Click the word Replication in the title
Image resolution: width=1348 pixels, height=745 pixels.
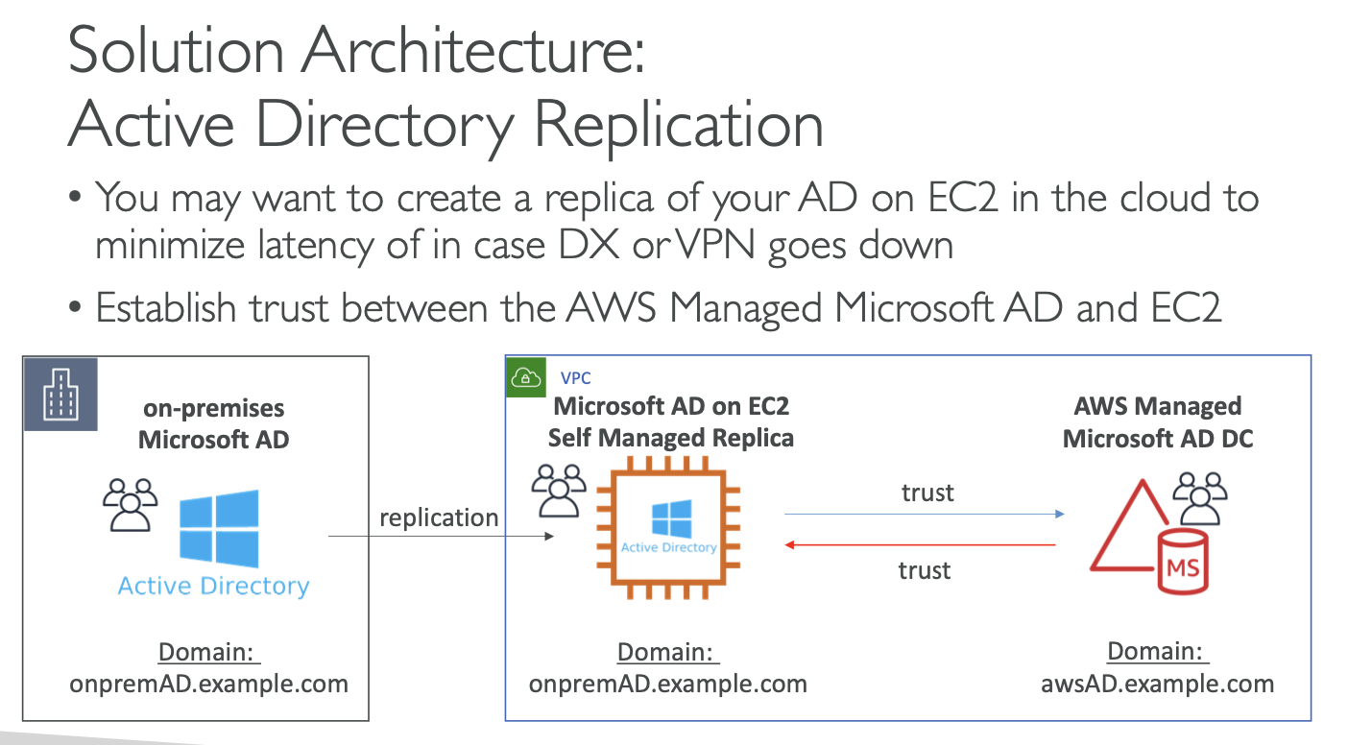pos(678,124)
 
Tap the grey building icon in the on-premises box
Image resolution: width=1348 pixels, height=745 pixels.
pos(60,394)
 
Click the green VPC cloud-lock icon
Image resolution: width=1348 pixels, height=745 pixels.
pos(524,377)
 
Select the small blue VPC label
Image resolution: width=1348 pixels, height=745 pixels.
pos(576,378)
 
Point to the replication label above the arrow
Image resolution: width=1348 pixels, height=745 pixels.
pos(439,518)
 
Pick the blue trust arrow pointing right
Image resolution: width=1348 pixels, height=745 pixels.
pos(925,515)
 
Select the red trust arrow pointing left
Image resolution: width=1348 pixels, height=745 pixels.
pos(921,545)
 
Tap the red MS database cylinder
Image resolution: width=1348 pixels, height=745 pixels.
pos(1182,564)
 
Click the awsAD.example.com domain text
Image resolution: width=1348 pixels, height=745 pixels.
pos(1157,685)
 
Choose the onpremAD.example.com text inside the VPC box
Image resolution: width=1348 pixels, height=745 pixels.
pos(668,685)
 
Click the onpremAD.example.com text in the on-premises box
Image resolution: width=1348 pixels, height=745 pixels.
pos(209,685)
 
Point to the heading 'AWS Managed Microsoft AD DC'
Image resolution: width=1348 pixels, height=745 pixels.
pos(1158,422)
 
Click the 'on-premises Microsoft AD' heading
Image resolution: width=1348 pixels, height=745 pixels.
pos(213,423)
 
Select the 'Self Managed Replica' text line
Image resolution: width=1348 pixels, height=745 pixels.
pos(670,439)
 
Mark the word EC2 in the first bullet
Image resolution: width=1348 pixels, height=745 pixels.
pos(966,198)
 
